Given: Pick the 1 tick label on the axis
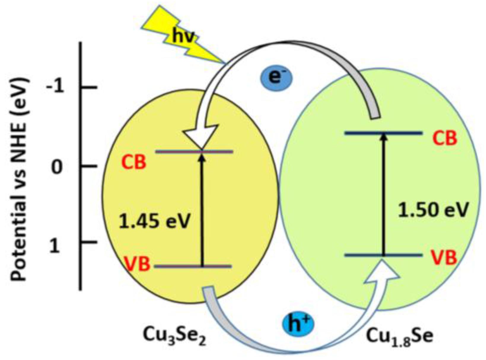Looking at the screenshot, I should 55,246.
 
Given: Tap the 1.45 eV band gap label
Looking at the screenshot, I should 154,221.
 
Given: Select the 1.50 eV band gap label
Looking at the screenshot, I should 433,210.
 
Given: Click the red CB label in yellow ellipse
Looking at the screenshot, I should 134,162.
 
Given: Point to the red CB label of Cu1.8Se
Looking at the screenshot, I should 444,138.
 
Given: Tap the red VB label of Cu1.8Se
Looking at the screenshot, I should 444,257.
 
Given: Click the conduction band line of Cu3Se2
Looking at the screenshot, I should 178,152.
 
